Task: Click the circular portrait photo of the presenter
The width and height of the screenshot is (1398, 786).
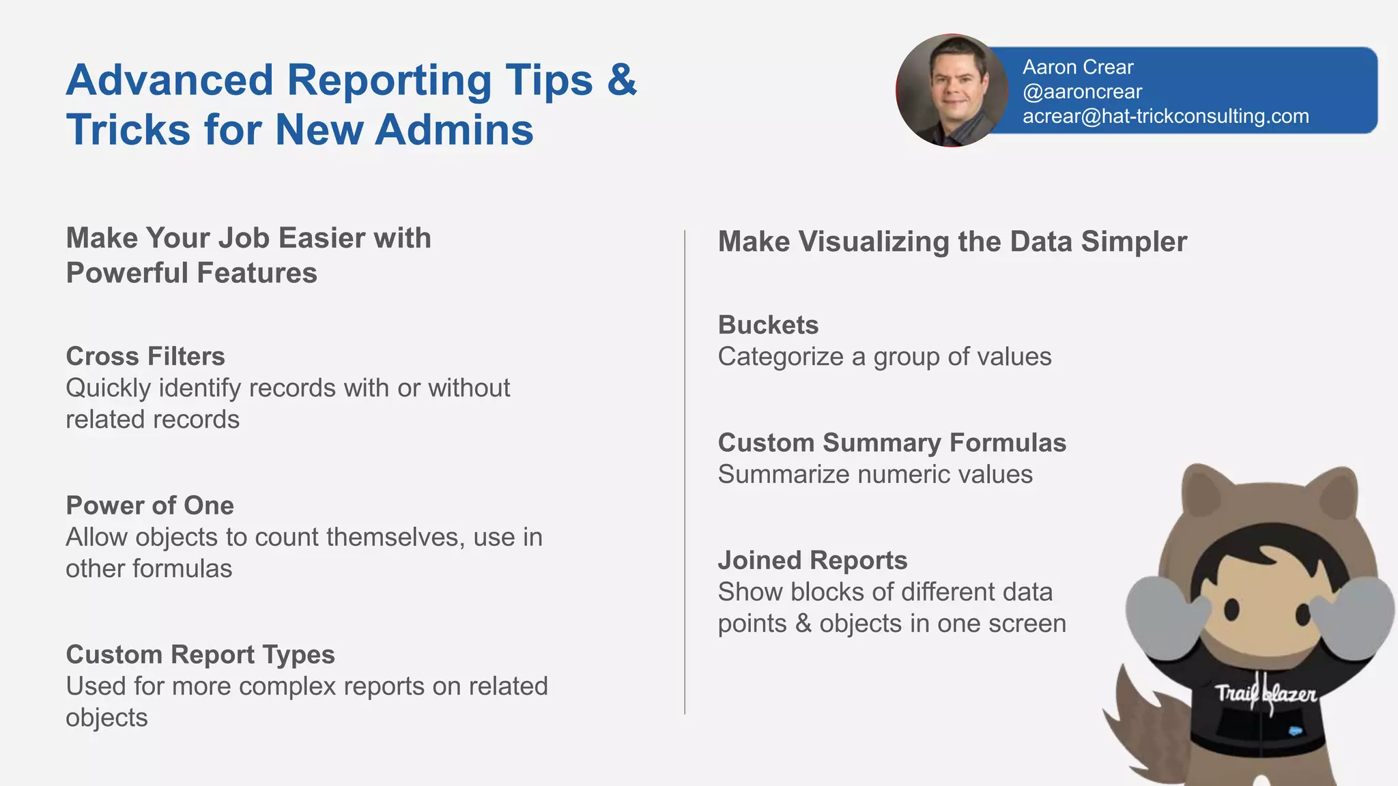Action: [x=952, y=90]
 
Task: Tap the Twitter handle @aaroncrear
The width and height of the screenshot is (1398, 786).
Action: [x=1082, y=91]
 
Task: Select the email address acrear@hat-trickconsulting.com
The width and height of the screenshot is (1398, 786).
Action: [x=1165, y=116]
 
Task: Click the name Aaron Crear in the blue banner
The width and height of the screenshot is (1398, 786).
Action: [x=1077, y=67]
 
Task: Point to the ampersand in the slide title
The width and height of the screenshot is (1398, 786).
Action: [x=621, y=80]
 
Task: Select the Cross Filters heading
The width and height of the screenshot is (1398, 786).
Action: [x=145, y=356]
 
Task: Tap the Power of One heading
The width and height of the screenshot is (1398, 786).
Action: [x=149, y=506]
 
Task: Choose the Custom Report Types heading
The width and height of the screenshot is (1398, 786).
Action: [x=200, y=654]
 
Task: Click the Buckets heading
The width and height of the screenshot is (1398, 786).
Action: [x=768, y=325]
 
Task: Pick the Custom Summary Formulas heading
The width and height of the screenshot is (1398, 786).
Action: [x=891, y=443]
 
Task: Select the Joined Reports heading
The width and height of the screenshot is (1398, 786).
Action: [x=812, y=560]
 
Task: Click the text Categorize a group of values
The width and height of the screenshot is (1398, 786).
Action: [x=884, y=357]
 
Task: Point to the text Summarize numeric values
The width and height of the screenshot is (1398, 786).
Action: [x=875, y=474]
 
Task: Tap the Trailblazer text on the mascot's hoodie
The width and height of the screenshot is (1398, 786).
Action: [x=1266, y=695]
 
